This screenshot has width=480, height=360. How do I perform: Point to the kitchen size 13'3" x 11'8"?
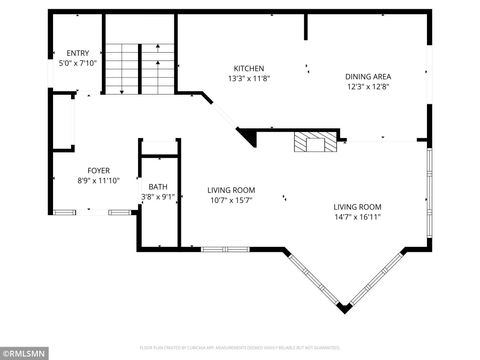248,77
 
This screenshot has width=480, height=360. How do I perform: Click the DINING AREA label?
367,76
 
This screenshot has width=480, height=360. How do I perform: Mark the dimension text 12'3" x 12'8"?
367,87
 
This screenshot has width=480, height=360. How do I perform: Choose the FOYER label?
98,170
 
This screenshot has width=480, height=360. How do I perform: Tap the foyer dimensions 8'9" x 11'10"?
98,181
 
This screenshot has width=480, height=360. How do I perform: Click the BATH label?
158,187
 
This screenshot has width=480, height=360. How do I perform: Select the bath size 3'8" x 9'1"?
158,197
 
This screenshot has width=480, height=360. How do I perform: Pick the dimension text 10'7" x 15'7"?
231,200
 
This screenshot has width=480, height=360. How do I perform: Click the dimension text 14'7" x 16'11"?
357,216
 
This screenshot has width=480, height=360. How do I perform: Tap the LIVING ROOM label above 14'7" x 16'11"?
357,206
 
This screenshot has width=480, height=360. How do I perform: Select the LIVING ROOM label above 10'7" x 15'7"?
231,189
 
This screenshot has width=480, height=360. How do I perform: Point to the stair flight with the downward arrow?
121,70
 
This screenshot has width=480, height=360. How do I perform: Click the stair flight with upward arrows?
155,70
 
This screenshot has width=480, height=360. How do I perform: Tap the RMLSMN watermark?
27,352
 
